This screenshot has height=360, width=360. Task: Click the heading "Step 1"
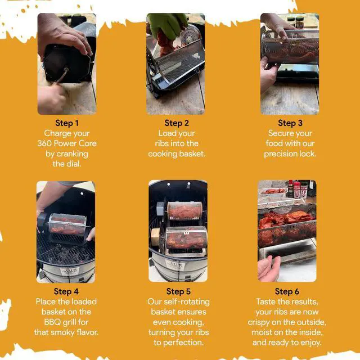pyautogui.click(x=67, y=123)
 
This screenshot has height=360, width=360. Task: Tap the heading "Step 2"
pyautogui.click(x=177, y=123)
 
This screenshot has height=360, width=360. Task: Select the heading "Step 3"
pyautogui.click(x=290, y=123)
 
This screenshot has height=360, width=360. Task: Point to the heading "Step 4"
pyautogui.click(x=66, y=291)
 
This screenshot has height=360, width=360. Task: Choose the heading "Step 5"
pyautogui.click(x=178, y=291)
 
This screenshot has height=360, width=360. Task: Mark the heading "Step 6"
pyautogui.click(x=287, y=291)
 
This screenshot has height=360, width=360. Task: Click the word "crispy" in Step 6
pyautogui.click(x=259, y=322)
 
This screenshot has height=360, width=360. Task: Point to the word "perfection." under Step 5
pyautogui.click(x=178, y=343)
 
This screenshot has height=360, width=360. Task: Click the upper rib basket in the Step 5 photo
pyautogui.click(x=184, y=211)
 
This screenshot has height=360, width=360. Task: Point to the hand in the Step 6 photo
pyautogui.click(x=269, y=268)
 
